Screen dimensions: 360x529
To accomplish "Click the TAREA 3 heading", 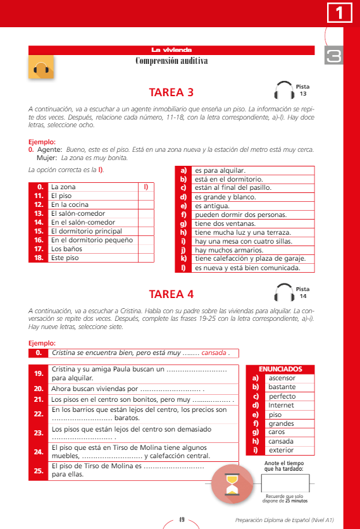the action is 171,92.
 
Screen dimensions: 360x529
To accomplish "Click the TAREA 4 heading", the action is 171,294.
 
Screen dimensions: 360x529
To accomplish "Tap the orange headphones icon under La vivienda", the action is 41,68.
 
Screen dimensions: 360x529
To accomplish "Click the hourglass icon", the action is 232,484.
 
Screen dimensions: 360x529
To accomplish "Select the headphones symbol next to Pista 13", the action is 284,90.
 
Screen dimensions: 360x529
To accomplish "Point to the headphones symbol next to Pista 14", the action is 284,292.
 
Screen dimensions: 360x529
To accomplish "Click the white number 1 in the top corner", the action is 339,13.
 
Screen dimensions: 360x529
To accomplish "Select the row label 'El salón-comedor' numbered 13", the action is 78,213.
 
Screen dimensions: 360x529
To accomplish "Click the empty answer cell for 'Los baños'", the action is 146,249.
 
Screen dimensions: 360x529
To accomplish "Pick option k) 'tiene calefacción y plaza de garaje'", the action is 250,259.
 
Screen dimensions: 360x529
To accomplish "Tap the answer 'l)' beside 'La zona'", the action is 146,187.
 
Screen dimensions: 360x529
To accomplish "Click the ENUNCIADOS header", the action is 280,369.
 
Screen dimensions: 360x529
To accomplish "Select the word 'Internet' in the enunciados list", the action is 281,405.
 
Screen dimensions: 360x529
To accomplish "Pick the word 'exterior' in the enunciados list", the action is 281,450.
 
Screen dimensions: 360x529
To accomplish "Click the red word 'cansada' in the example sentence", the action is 214,353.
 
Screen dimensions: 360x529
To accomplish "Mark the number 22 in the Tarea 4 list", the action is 39,414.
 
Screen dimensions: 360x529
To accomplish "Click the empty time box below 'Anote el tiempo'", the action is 285,483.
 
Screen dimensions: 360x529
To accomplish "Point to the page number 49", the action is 182,520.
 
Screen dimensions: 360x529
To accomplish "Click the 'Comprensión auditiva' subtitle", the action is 171,61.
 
